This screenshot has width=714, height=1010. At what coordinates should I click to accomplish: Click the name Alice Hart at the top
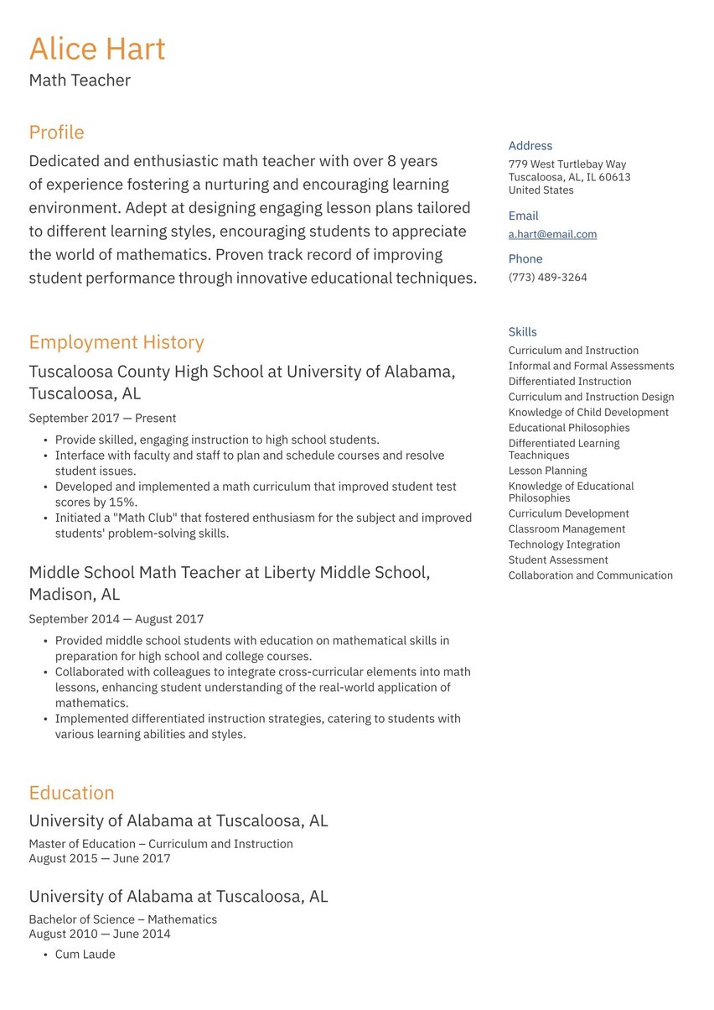tap(97, 49)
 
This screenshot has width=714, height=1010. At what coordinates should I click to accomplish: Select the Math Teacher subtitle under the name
tap(80, 81)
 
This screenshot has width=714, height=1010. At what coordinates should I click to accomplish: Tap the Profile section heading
tap(56, 133)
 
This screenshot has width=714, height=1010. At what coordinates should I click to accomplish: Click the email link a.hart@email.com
tap(552, 235)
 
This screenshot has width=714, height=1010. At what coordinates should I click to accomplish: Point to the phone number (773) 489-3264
tap(547, 278)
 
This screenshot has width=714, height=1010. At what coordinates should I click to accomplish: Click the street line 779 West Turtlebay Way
tap(567, 164)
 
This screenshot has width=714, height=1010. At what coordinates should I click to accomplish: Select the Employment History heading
tap(116, 342)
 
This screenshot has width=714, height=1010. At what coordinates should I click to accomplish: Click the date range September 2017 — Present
tap(102, 418)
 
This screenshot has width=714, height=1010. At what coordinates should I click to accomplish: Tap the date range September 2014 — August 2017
tap(116, 619)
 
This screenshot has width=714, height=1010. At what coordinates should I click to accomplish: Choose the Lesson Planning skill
tap(547, 471)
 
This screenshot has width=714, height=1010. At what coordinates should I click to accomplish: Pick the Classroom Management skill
tap(567, 529)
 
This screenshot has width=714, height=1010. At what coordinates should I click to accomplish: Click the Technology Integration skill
tap(564, 545)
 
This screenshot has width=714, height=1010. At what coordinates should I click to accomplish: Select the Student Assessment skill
tap(558, 560)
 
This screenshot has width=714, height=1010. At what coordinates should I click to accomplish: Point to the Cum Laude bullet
tap(85, 955)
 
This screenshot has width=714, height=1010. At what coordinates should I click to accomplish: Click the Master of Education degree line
tap(161, 844)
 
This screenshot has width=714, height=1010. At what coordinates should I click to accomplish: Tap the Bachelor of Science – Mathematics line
tap(122, 919)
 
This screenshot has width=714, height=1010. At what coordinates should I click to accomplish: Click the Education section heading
tap(71, 793)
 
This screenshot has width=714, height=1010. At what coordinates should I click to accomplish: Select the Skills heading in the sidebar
tap(522, 332)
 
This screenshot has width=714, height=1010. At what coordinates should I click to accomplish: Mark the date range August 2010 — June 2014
tap(99, 935)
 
